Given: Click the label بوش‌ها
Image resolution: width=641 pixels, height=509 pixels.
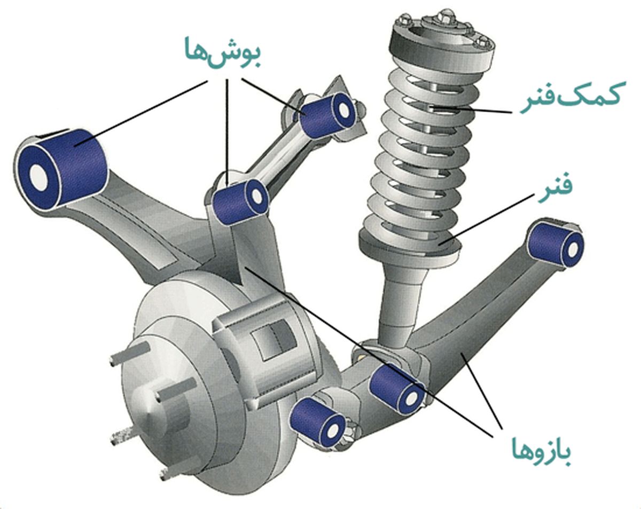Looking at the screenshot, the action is pos(223,53).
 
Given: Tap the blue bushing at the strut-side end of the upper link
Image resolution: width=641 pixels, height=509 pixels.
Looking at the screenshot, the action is pos(327,115).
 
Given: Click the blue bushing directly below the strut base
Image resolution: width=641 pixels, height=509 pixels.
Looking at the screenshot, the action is pos(397,389).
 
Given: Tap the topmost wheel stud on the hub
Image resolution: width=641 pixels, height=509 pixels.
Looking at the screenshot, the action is pos(130,353).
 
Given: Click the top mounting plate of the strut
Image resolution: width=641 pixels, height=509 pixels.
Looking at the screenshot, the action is pos(442,42).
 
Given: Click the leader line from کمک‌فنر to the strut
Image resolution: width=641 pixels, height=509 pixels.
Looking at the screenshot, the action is pos(472,109).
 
